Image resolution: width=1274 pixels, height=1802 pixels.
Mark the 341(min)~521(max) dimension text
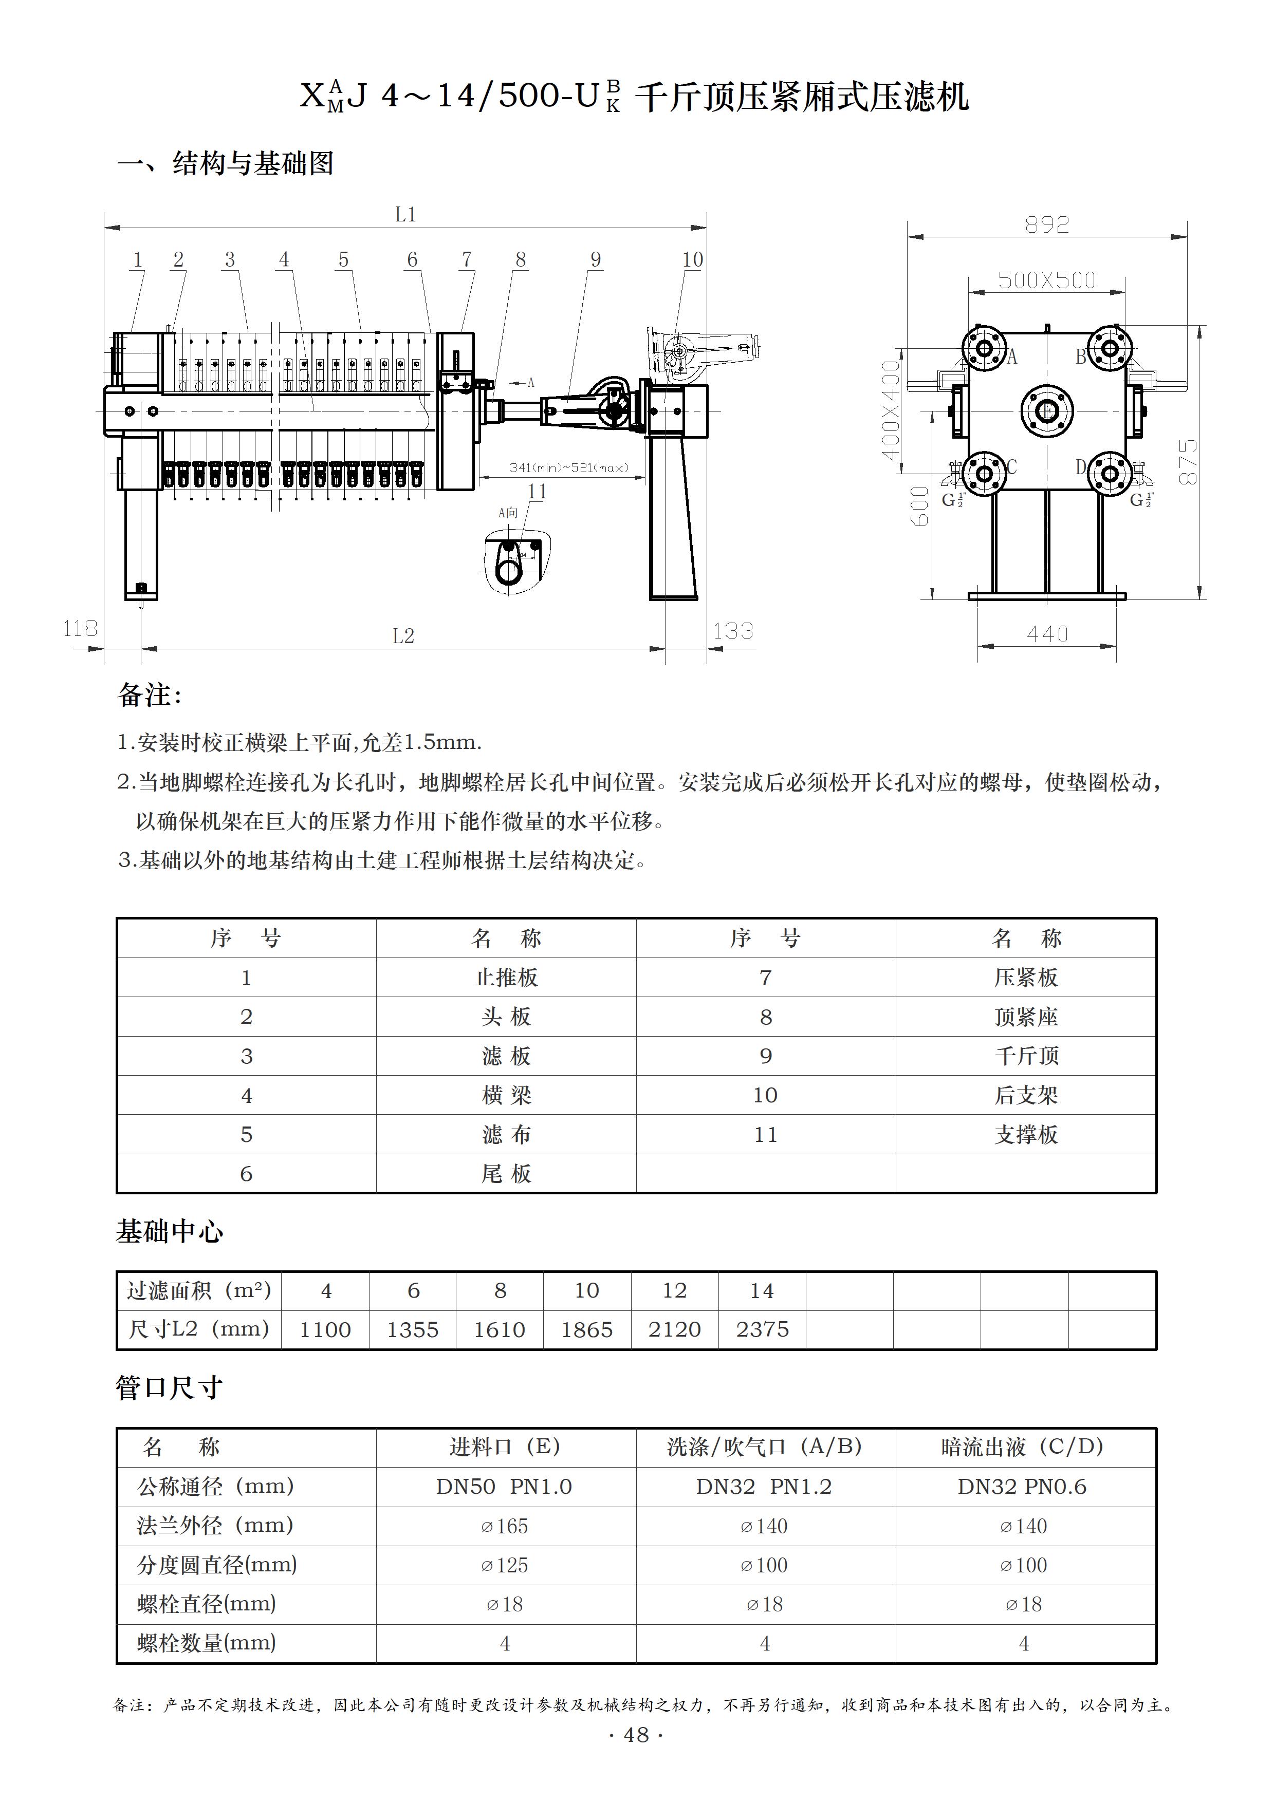coord(569,468)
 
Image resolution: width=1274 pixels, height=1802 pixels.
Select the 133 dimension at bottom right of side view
coord(733,631)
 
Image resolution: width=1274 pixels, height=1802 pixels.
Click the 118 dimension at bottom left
coord(80,629)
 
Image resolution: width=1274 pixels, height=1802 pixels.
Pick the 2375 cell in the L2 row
coord(762,1329)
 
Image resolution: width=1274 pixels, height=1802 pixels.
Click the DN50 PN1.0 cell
coord(504,1487)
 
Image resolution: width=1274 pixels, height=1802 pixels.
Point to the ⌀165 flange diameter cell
coord(504,1526)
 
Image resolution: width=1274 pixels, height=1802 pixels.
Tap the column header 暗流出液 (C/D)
coord(1023,1447)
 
